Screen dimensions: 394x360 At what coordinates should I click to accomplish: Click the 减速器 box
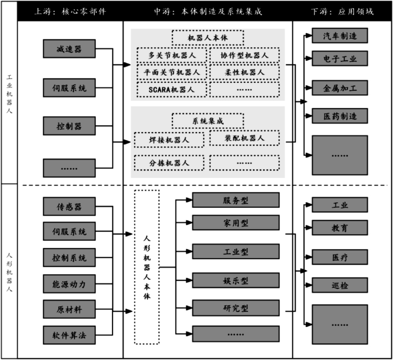coord(69,49)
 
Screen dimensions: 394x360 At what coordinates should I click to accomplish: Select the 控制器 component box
coord(69,126)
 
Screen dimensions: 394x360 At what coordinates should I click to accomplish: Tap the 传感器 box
coord(69,206)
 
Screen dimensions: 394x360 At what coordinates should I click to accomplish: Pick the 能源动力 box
coord(69,284)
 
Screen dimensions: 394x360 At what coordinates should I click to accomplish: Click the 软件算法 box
coord(69,335)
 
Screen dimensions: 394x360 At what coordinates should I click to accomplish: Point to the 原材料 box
coord(69,309)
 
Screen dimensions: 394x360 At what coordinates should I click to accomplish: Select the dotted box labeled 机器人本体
coord(208,38)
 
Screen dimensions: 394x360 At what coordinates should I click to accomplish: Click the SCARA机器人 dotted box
coord(171,89)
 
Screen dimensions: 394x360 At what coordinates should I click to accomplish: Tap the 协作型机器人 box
coord(244,55)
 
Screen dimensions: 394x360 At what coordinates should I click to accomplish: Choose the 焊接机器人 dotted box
coord(169,140)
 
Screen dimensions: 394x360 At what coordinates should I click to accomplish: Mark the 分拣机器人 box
coord(169,163)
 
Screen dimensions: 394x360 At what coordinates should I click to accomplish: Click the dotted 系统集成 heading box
coord(208,121)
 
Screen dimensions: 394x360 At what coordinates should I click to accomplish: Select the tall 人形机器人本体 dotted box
coord(147,267)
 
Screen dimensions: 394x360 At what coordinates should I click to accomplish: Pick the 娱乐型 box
coord(236,280)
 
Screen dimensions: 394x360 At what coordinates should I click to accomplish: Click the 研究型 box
coord(236,308)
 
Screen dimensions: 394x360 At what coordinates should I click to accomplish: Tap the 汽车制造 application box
coord(340,36)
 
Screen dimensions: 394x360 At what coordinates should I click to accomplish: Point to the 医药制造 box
coord(340,116)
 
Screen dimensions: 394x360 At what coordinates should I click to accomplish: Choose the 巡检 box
coord(340,285)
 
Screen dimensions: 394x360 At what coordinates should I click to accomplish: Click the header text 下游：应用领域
coord(342,11)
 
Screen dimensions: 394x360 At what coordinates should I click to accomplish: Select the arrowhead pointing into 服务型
coord(189,200)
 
